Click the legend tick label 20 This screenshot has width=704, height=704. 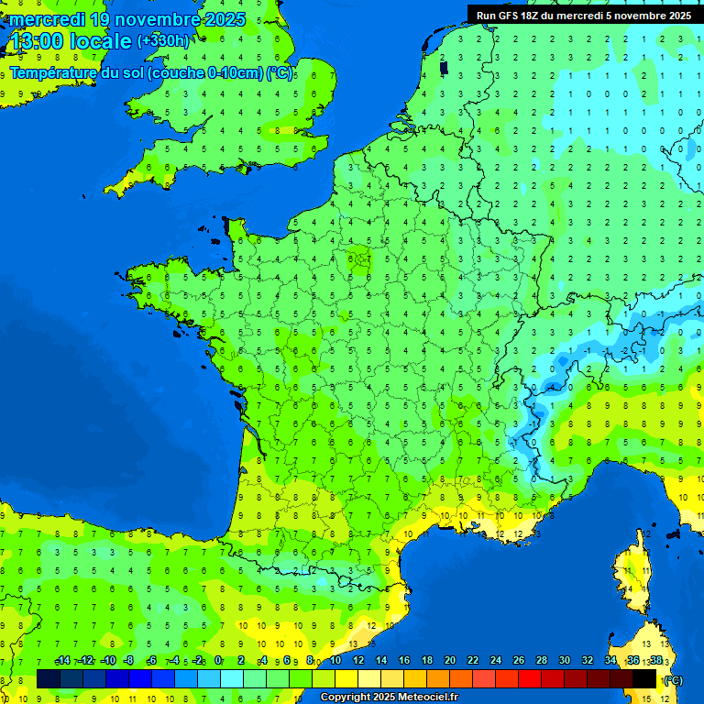click(449, 660)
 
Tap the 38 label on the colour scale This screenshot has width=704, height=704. click(655, 660)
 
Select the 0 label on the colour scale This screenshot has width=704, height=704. click(218, 660)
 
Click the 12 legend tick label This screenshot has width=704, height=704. click(358, 660)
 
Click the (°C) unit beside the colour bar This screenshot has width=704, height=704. click(674, 679)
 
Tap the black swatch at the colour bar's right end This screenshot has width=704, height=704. click(644, 678)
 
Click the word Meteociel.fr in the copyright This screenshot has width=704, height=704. click(427, 698)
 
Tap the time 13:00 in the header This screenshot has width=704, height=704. click(37, 41)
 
